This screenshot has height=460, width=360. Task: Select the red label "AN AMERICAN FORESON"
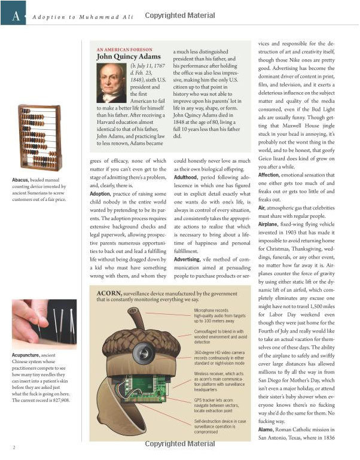[124, 49]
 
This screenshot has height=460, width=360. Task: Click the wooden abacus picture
[40, 138]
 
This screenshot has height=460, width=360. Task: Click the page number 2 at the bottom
[13, 447]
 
